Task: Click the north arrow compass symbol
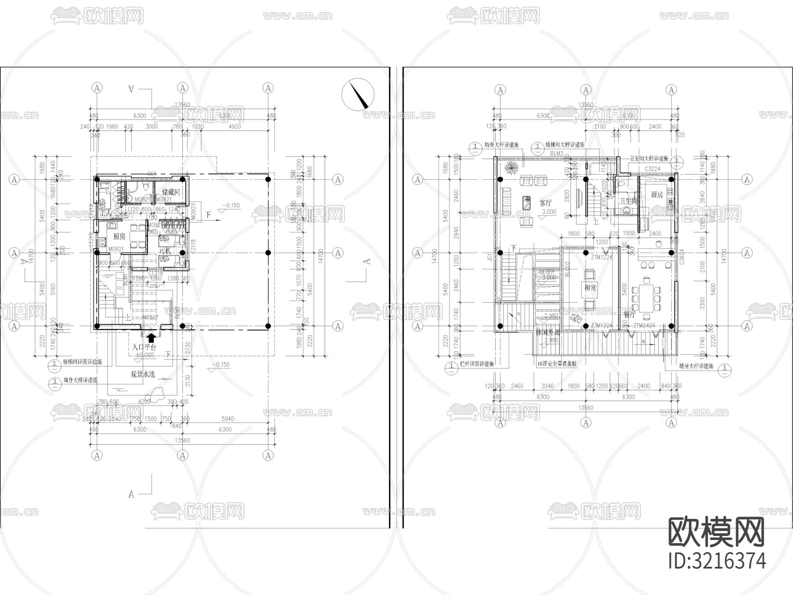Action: point(358,93)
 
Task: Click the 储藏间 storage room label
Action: point(171,192)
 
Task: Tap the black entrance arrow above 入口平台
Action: point(151,338)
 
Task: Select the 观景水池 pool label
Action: point(142,374)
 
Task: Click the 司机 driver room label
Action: point(165,251)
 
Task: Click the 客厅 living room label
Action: point(545,203)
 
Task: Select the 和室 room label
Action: point(590,288)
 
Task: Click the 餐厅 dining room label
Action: point(630,315)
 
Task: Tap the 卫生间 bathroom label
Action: point(628,201)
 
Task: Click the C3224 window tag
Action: point(652,169)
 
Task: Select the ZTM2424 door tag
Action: point(645,325)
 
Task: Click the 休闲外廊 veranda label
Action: point(547,332)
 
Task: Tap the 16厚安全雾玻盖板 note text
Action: point(557,364)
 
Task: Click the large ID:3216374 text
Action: point(717,561)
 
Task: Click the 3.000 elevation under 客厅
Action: point(549,212)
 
